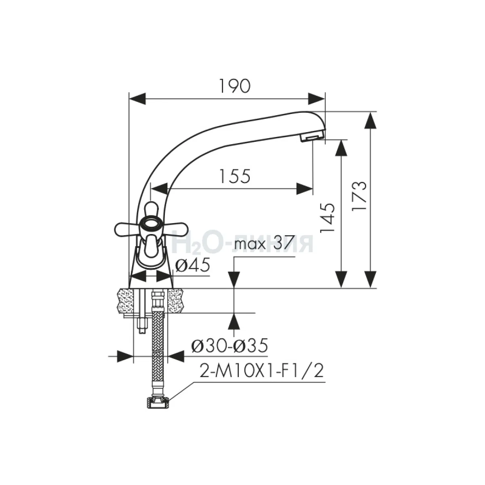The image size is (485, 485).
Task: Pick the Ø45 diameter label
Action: coord(192,265)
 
